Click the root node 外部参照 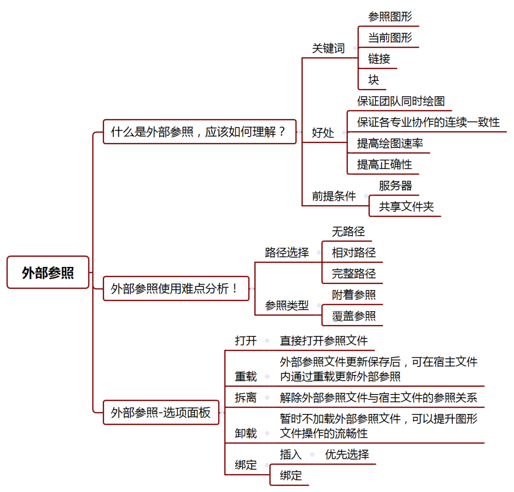pos(48,273)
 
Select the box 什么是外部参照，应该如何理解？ pos(199,132)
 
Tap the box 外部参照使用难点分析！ pos(176,288)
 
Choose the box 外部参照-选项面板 pos(161,413)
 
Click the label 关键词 pos(328,49)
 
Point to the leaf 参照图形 pos(390,17)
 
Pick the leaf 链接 pos(379,59)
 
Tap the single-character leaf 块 pos(374,80)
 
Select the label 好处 pos(323,133)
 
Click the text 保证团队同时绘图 pos(401,101)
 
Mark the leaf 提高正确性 pos(385,165)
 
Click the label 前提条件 pos(334,196)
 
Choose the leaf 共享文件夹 pos(406,207)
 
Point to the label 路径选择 pos(287,253)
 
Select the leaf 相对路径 pos(354,253)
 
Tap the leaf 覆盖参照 pos(354,316)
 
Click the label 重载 pos(246,376)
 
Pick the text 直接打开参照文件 pos(324,341)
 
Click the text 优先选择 pos(346,454)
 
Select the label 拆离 pos(246,397)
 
